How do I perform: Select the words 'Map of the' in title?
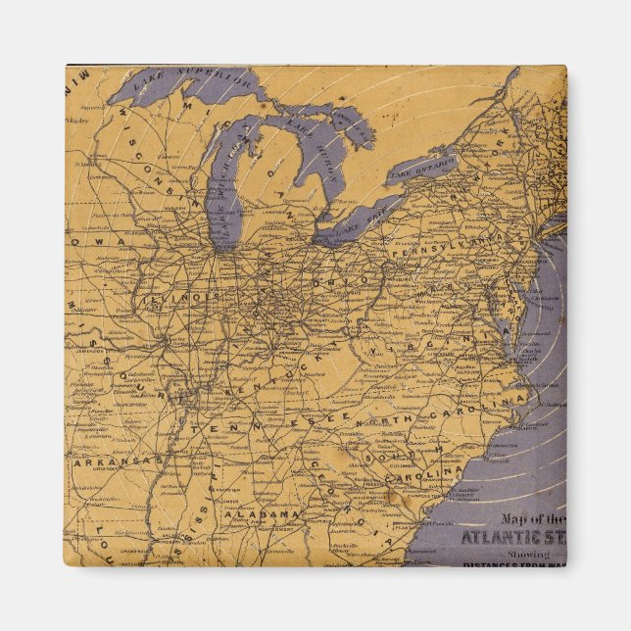click(535, 518)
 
